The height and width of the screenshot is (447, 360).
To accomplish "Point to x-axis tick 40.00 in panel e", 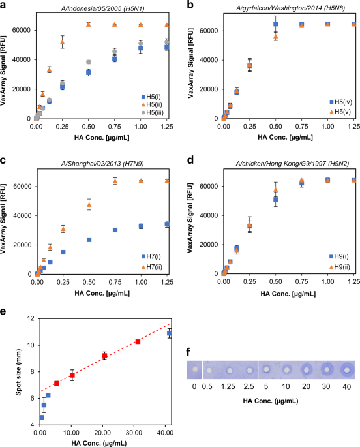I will click(x=166, y=433).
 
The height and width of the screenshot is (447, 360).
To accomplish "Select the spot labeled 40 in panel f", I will click(x=347, y=369).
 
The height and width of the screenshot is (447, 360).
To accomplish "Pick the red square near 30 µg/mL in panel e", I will click(x=138, y=341).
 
